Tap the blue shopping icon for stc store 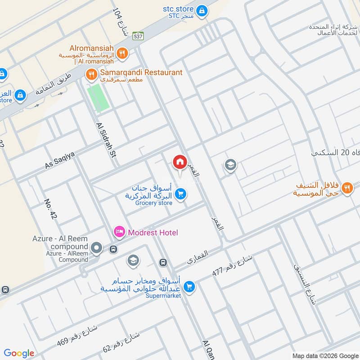202,9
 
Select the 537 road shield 138,37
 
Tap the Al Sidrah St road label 106,140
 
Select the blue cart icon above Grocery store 181,194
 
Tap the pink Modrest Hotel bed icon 119,232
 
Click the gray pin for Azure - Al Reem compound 96,247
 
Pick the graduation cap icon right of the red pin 230,165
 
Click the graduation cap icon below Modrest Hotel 133,260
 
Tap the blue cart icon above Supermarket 189,286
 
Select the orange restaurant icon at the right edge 346,188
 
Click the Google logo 19,353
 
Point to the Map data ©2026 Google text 324,355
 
